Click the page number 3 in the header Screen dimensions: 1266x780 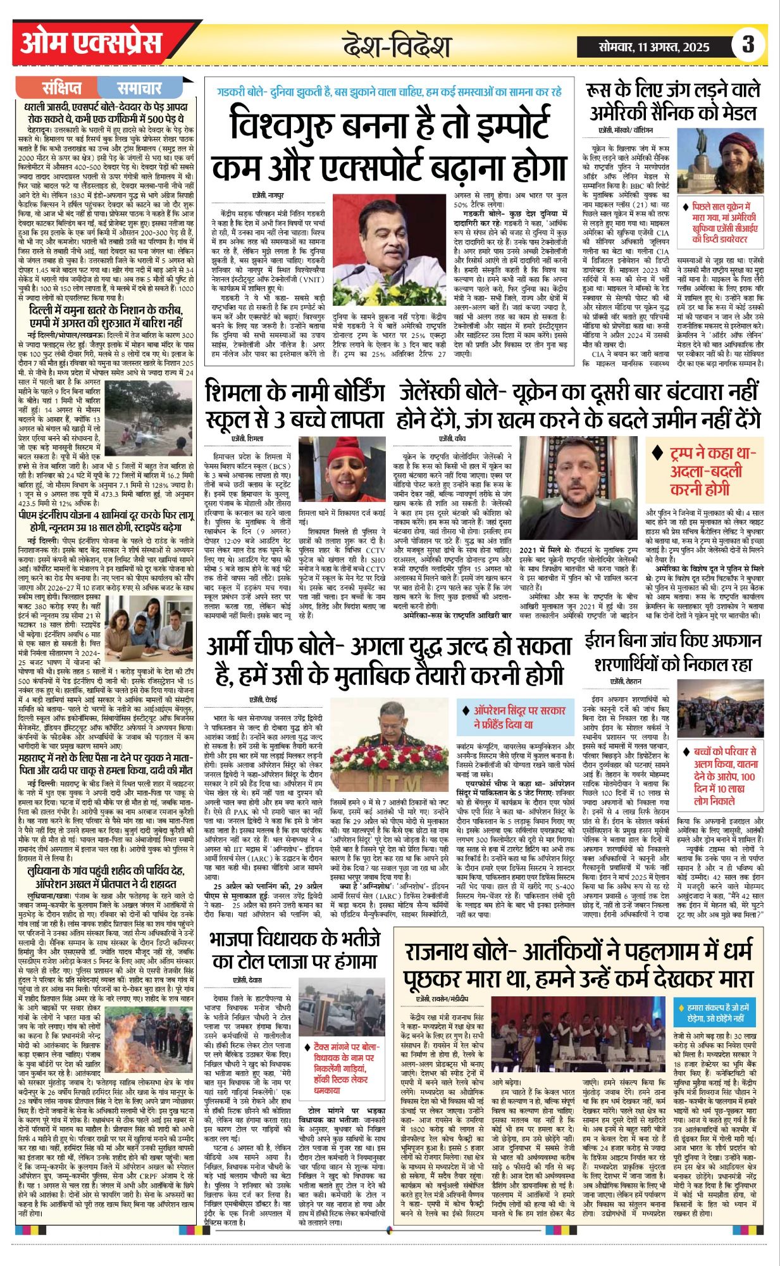pyautogui.click(x=748, y=44)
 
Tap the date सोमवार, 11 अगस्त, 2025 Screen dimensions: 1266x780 pyautogui.click(x=655, y=46)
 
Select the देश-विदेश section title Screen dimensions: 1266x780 pyautogui.click(x=397, y=46)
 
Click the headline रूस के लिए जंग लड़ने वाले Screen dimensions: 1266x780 pyautogui.click(x=672, y=101)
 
